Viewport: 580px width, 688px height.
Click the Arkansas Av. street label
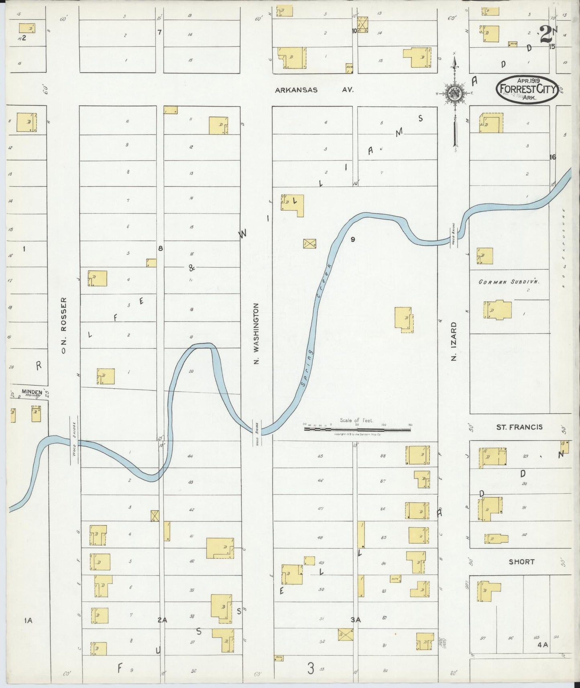[314, 90]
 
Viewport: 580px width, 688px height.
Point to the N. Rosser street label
[63, 325]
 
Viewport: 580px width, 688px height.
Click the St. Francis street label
[519, 427]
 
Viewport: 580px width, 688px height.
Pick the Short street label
[521, 562]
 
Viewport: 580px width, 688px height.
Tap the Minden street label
[32, 392]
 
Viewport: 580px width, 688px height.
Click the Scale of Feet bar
[357, 429]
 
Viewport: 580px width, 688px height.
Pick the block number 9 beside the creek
[352, 240]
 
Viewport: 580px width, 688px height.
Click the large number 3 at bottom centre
[310, 669]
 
